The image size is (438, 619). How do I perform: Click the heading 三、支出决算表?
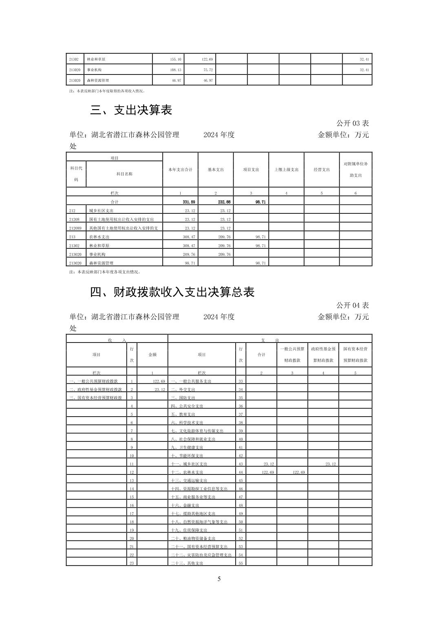click(x=131, y=110)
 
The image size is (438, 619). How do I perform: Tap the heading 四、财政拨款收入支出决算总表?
click(x=172, y=292)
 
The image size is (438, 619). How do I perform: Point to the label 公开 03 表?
click(x=352, y=123)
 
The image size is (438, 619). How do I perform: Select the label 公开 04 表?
click(x=352, y=305)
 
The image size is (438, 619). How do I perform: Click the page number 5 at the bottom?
click(x=219, y=579)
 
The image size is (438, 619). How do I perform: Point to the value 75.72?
click(x=208, y=70)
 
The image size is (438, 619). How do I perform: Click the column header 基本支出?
click(x=216, y=170)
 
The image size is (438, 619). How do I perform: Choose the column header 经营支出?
click(x=322, y=170)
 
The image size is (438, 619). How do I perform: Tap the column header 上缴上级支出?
click(x=286, y=170)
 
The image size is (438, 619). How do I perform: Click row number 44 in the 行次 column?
click(x=241, y=472)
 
